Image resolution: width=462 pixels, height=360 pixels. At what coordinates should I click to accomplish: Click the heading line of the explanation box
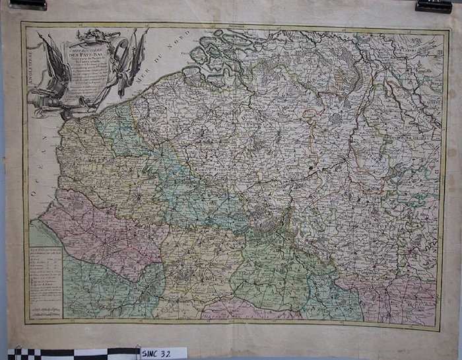tap(46, 252)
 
